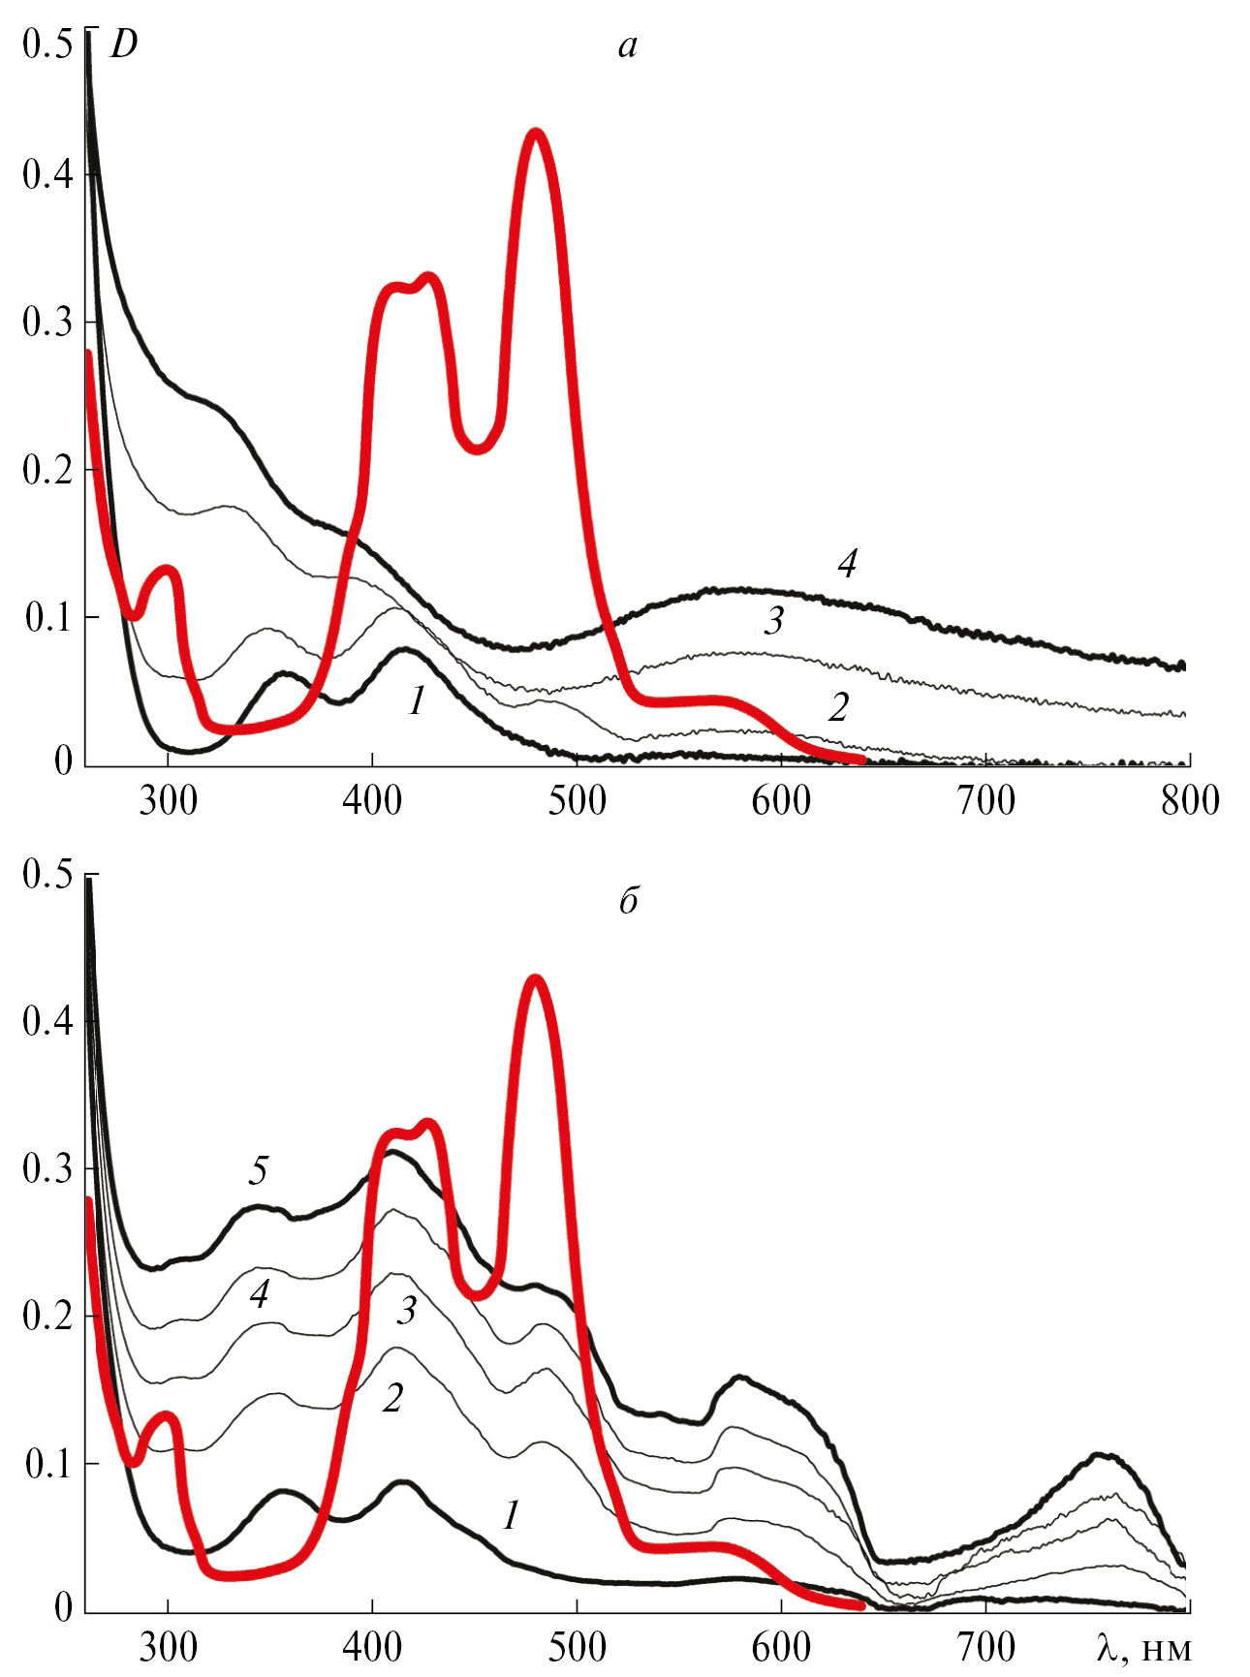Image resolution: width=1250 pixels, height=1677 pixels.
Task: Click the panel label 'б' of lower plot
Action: [628, 901]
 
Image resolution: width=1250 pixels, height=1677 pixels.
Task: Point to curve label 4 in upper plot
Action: [847, 564]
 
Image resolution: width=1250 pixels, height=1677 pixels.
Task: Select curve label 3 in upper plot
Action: [773, 621]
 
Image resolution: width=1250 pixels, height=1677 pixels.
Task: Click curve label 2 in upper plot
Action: [838, 708]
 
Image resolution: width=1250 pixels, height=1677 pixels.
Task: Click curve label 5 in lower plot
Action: [258, 1171]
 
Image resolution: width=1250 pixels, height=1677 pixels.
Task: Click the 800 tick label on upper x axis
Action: [1189, 802]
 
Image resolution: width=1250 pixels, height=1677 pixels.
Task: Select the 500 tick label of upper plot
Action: [577, 802]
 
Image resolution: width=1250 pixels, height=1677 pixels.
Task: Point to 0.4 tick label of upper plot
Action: [47, 174]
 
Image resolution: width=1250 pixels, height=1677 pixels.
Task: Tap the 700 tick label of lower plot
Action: [984, 1646]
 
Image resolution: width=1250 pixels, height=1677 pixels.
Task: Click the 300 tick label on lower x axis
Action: [169, 1646]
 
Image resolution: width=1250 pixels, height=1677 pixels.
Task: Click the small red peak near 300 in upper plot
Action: [167, 570]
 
